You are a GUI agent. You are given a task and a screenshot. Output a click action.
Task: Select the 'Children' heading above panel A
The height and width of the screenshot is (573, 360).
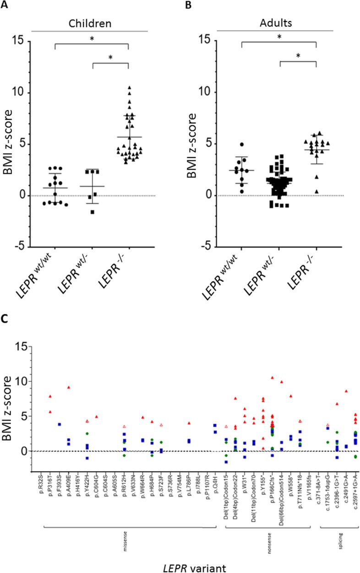click(x=92, y=22)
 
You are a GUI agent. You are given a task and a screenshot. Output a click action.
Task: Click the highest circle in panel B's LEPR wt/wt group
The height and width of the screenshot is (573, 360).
click(x=248, y=145)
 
